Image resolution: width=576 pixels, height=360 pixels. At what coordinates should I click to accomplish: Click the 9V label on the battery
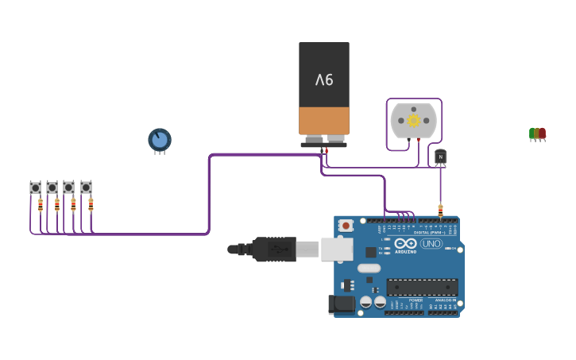(324, 79)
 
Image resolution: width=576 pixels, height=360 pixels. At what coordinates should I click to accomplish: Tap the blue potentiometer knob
(160, 140)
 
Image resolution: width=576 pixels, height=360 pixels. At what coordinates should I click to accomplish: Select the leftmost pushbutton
(36, 188)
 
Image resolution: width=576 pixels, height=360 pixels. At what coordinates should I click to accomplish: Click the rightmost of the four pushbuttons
(86, 188)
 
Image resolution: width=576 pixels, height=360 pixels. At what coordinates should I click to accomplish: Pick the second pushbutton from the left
(52, 188)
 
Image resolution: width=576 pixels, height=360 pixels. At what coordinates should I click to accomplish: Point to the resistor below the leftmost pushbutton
(41, 205)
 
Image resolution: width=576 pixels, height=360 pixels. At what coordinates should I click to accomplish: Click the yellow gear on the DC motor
(413, 120)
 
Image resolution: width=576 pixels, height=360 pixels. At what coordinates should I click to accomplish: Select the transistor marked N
(440, 157)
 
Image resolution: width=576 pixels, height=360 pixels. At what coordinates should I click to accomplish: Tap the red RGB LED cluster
(538, 134)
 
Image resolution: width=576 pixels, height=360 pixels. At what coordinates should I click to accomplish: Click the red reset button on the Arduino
(346, 226)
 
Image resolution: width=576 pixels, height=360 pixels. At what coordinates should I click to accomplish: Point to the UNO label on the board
(431, 243)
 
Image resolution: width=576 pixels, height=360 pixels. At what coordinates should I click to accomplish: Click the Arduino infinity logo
(405, 243)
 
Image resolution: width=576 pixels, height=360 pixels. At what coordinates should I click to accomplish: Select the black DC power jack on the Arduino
(342, 304)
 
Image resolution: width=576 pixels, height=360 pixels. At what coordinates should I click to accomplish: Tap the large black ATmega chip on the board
(422, 287)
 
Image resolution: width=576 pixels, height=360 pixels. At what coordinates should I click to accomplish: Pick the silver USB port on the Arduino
(337, 249)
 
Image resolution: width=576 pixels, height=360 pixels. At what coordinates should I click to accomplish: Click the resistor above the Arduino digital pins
(440, 211)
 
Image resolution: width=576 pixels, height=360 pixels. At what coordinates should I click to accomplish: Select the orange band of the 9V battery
(324, 121)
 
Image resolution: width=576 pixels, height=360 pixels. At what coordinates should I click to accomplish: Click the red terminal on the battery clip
(326, 150)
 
